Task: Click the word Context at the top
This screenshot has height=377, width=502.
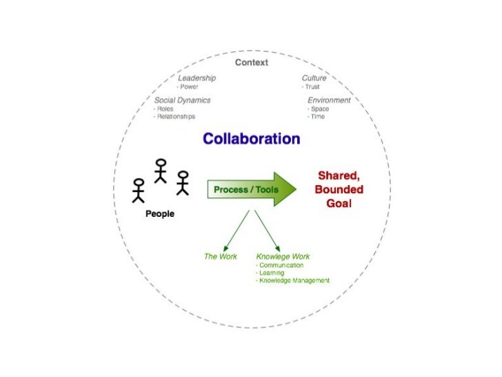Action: (x=252, y=63)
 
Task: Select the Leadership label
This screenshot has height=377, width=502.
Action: (x=197, y=78)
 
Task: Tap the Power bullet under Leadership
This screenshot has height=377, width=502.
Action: (x=188, y=87)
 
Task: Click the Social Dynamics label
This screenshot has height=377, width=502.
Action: (x=182, y=100)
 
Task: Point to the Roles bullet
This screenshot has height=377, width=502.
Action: (x=165, y=109)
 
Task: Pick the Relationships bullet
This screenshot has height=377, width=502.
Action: (x=175, y=117)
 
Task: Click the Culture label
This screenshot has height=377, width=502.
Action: (x=314, y=78)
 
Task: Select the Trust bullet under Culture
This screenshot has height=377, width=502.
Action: (x=312, y=87)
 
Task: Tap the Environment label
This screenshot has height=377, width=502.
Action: (x=329, y=100)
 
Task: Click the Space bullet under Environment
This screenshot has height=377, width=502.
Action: (x=319, y=109)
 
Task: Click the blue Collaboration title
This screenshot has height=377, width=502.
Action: (x=251, y=139)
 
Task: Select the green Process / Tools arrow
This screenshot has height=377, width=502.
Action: (x=252, y=189)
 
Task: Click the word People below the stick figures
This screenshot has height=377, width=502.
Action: (x=160, y=214)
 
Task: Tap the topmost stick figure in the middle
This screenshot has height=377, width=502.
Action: (x=161, y=170)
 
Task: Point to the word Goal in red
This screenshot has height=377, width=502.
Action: (x=339, y=204)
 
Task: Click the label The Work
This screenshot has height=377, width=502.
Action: (x=220, y=257)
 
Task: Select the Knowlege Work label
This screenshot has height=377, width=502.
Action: (x=283, y=257)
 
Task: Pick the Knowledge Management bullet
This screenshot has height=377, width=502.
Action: (x=294, y=280)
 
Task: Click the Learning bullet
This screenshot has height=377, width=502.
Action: (x=271, y=273)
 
